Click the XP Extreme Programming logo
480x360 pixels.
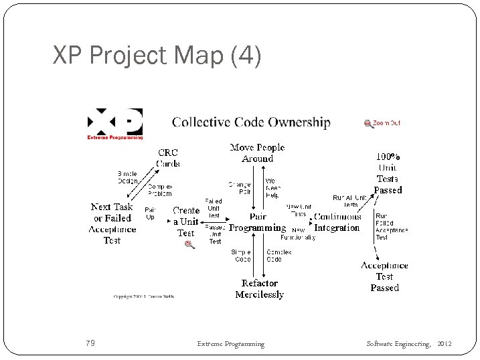tap(115, 124)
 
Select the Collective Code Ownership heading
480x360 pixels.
tap(251, 122)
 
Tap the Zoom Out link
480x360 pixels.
tap(382, 123)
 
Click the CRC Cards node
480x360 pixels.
tap(168, 158)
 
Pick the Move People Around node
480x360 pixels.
tap(257, 153)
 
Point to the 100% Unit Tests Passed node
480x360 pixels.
tap(388, 173)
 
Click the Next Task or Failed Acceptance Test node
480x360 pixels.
tap(112, 223)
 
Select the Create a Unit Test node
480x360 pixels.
tap(186, 221)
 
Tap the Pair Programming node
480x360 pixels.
tap(257, 222)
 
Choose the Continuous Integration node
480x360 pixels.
tap(337, 222)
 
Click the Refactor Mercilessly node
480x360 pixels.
tap(260, 289)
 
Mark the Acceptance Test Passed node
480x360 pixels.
tap(384, 276)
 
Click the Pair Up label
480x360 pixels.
tap(150, 213)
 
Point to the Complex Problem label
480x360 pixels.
tap(159, 190)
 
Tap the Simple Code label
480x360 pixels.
tap(241, 256)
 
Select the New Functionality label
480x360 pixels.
tap(298, 234)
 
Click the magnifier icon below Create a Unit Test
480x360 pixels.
tap(189, 245)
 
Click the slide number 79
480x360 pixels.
tap(90, 344)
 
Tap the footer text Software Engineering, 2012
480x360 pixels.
tap(409, 344)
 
